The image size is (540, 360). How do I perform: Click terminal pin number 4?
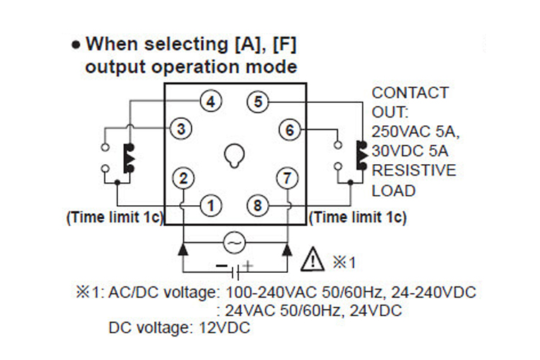point(210,102)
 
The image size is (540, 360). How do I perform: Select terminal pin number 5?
point(258,102)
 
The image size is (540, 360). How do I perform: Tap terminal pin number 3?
point(181,129)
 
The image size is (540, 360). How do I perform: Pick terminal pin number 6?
point(289,130)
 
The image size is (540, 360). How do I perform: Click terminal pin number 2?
point(184,177)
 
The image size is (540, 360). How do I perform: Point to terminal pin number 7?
point(287,177)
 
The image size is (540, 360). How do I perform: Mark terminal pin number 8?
point(258,206)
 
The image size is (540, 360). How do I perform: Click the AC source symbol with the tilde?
point(235,243)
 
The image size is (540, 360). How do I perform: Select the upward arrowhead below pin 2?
point(184,250)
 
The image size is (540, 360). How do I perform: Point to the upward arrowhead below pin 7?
point(287,250)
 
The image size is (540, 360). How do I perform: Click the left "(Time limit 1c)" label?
point(115,216)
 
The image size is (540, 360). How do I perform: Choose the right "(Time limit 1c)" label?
point(357,216)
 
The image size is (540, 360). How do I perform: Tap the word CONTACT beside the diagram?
point(410,93)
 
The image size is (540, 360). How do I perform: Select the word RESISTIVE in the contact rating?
point(413,171)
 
